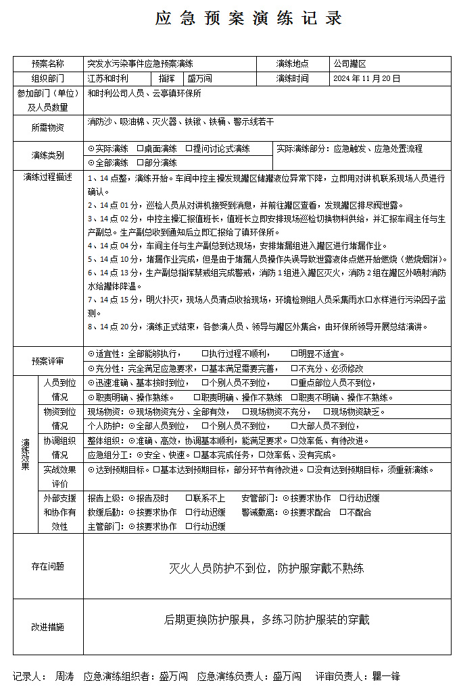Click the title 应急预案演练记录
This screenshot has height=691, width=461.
[249, 19]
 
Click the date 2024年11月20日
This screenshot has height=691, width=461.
[367, 79]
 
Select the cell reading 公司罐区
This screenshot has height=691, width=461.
[349, 64]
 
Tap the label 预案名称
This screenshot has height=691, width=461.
[47, 64]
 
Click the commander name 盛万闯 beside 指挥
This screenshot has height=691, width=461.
[200, 79]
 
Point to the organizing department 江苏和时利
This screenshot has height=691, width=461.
[107, 79]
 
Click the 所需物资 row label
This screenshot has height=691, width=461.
[47, 128]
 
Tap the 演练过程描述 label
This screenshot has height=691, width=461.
[47, 177]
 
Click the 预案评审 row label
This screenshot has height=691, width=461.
[47, 361]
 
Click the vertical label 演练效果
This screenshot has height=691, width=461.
[25, 453]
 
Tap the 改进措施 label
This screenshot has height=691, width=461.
[47, 627]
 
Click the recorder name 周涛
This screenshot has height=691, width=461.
[64, 675]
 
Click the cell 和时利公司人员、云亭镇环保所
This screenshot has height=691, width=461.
[145, 94]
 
